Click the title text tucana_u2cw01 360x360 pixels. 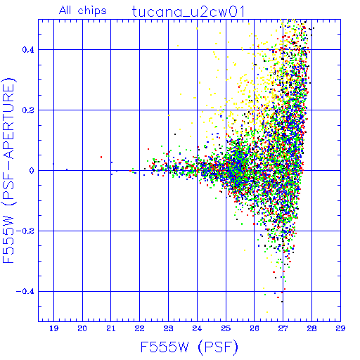tap(188, 12)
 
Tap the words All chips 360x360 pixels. tap(83, 11)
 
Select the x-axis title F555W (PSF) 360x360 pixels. tap(189, 347)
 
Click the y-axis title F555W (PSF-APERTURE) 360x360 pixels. tap(9, 170)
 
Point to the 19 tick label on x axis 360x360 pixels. tap(53, 328)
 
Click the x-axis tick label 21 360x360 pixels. tap(111, 328)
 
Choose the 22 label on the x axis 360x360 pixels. tap(140, 328)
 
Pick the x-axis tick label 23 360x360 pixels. tap(168, 328)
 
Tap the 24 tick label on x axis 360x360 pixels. tap(197, 328)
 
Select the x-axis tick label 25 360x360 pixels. tap(226, 328)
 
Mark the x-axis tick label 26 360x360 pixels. tap(255, 328)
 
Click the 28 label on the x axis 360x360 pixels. tap(311, 328)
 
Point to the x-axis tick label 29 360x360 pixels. tap(340, 328)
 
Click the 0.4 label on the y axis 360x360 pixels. tap(28, 50)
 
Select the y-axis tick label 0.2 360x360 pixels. tap(28, 110)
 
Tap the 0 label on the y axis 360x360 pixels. tap(32, 171)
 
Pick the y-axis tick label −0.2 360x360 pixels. tap(25, 231)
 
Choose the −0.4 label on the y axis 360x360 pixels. tap(25, 292)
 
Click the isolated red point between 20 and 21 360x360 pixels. tap(101, 157)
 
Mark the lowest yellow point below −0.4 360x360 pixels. tap(267, 312)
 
